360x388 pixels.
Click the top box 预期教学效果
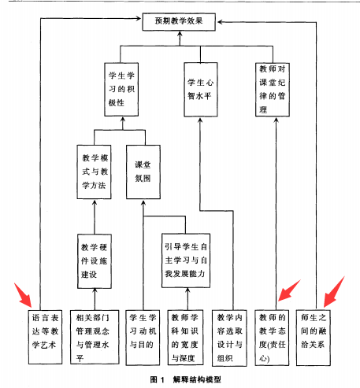[x=179, y=22]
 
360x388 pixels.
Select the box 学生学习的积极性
[x=121, y=89]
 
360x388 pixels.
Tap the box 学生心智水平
[x=201, y=90]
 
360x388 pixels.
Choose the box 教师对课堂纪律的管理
[x=273, y=90]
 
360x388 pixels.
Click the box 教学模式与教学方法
[x=94, y=172]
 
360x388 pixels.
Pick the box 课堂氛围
[x=143, y=172]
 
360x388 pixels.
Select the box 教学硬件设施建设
[x=95, y=261]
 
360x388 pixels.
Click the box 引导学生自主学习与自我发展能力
[x=186, y=261]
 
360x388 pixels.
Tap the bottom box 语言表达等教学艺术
[x=45, y=337]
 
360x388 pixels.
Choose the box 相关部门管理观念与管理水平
[x=95, y=337]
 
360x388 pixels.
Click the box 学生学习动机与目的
[x=143, y=338]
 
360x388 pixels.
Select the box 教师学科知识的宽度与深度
[x=186, y=338]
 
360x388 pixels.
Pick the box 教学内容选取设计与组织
[x=229, y=338]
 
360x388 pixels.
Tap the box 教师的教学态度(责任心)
[x=272, y=338]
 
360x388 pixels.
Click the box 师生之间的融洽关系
[x=314, y=338]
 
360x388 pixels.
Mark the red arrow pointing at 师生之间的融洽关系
[x=333, y=292]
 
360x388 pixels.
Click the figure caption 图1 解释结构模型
[x=186, y=379]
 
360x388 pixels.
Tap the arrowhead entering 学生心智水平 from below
[x=200, y=120]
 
